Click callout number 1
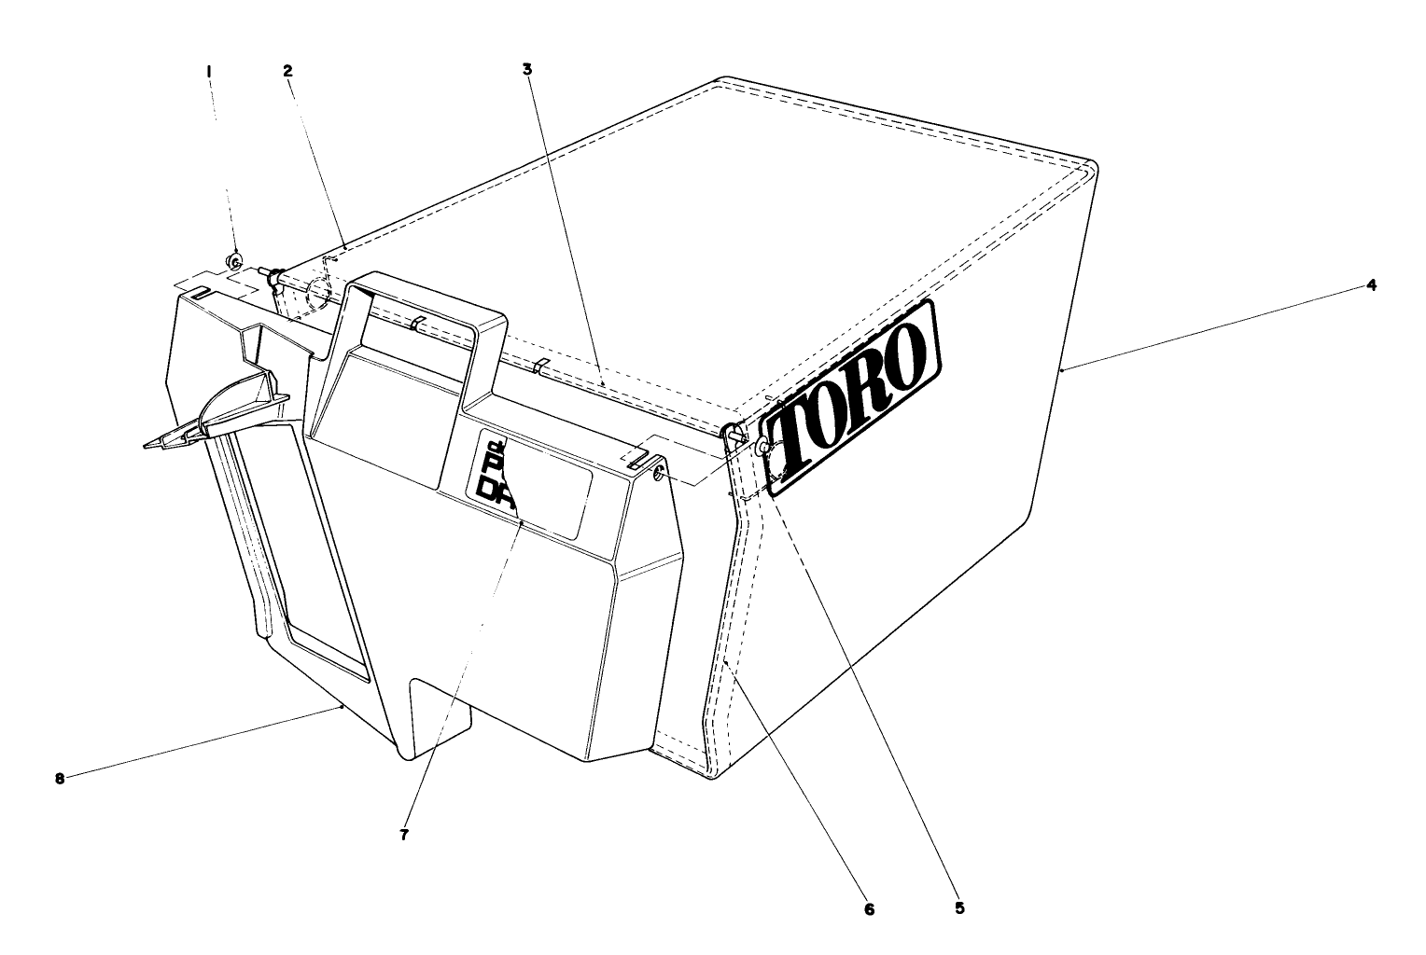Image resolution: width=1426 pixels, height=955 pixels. coord(209,70)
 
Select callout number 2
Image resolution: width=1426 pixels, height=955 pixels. coord(287,70)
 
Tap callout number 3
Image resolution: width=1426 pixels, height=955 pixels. coord(527,69)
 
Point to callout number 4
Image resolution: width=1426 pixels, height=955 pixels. coord(1370,285)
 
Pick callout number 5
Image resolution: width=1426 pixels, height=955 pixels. coord(959,907)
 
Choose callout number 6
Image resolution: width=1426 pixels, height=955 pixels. coord(869,908)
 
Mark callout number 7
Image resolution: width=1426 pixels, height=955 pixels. coord(404,836)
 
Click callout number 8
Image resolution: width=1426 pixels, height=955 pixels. coord(60,779)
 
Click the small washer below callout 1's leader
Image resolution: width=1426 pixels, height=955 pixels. coord(235,259)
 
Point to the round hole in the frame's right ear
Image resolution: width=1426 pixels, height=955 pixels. coord(661,476)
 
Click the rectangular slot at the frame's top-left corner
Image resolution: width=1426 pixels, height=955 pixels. coord(198,293)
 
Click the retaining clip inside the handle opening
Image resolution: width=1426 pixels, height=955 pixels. coord(418,324)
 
